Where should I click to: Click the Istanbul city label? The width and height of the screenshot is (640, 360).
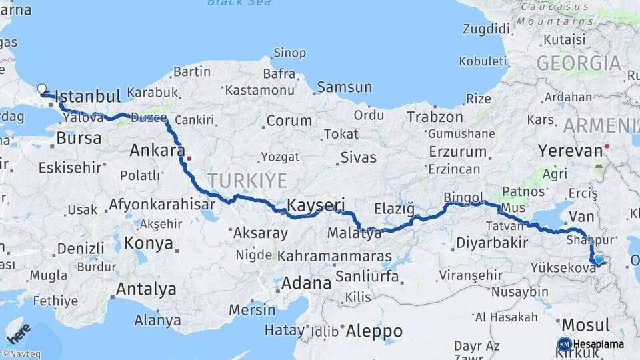point(87,95)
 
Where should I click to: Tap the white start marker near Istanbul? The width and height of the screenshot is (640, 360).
point(42,89)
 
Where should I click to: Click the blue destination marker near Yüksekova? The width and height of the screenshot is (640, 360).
point(598,261)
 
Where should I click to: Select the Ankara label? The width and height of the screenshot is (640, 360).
point(157,151)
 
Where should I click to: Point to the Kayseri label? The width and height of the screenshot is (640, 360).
point(315,204)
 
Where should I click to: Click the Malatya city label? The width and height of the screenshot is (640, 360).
point(354,233)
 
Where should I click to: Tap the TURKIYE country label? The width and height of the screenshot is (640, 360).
point(247,181)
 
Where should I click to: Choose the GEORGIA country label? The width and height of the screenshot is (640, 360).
point(579,63)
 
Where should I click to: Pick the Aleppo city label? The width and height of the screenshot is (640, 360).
point(374,331)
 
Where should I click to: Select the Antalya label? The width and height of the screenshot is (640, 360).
point(146,289)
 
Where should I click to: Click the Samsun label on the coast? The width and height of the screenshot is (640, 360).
point(344,87)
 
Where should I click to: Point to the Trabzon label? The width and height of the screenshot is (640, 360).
point(435,117)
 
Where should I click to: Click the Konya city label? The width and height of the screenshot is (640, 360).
point(149,243)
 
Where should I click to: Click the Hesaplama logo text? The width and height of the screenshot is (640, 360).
point(598,344)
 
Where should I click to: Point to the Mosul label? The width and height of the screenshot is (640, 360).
point(585,325)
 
